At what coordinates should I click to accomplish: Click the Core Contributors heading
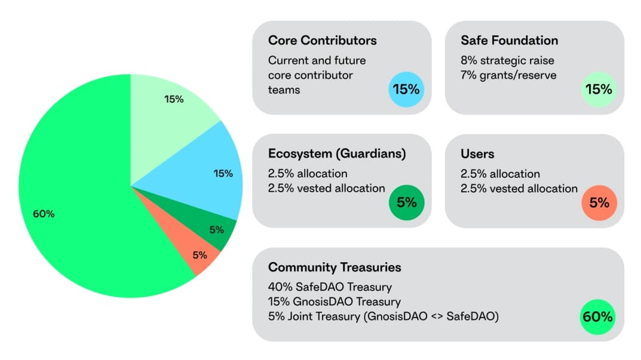click(x=322, y=41)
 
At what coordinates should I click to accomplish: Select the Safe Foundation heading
click(x=509, y=41)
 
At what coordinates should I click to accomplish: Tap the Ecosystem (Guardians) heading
click(x=337, y=153)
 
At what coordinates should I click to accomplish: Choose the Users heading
click(x=477, y=153)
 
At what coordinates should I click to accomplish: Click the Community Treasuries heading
click(x=334, y=267)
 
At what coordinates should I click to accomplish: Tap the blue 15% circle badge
click(x=406, y=90)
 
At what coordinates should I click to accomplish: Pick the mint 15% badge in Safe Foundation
click(x=599, y=90)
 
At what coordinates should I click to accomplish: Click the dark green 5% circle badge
click(x=406, y=202)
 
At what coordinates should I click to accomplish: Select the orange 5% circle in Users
click(x=599, y=202)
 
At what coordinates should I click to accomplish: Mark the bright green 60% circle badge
click(x=597, y=316)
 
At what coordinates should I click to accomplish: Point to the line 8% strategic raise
click(x=507, y=60)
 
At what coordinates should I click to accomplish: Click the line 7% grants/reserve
click(x=508, y=75)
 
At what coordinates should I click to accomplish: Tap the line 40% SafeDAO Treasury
click(x=330, y=287)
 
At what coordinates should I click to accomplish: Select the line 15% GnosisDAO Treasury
click(x=334, y=301)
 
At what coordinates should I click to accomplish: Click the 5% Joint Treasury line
click(x=383, y=316)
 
